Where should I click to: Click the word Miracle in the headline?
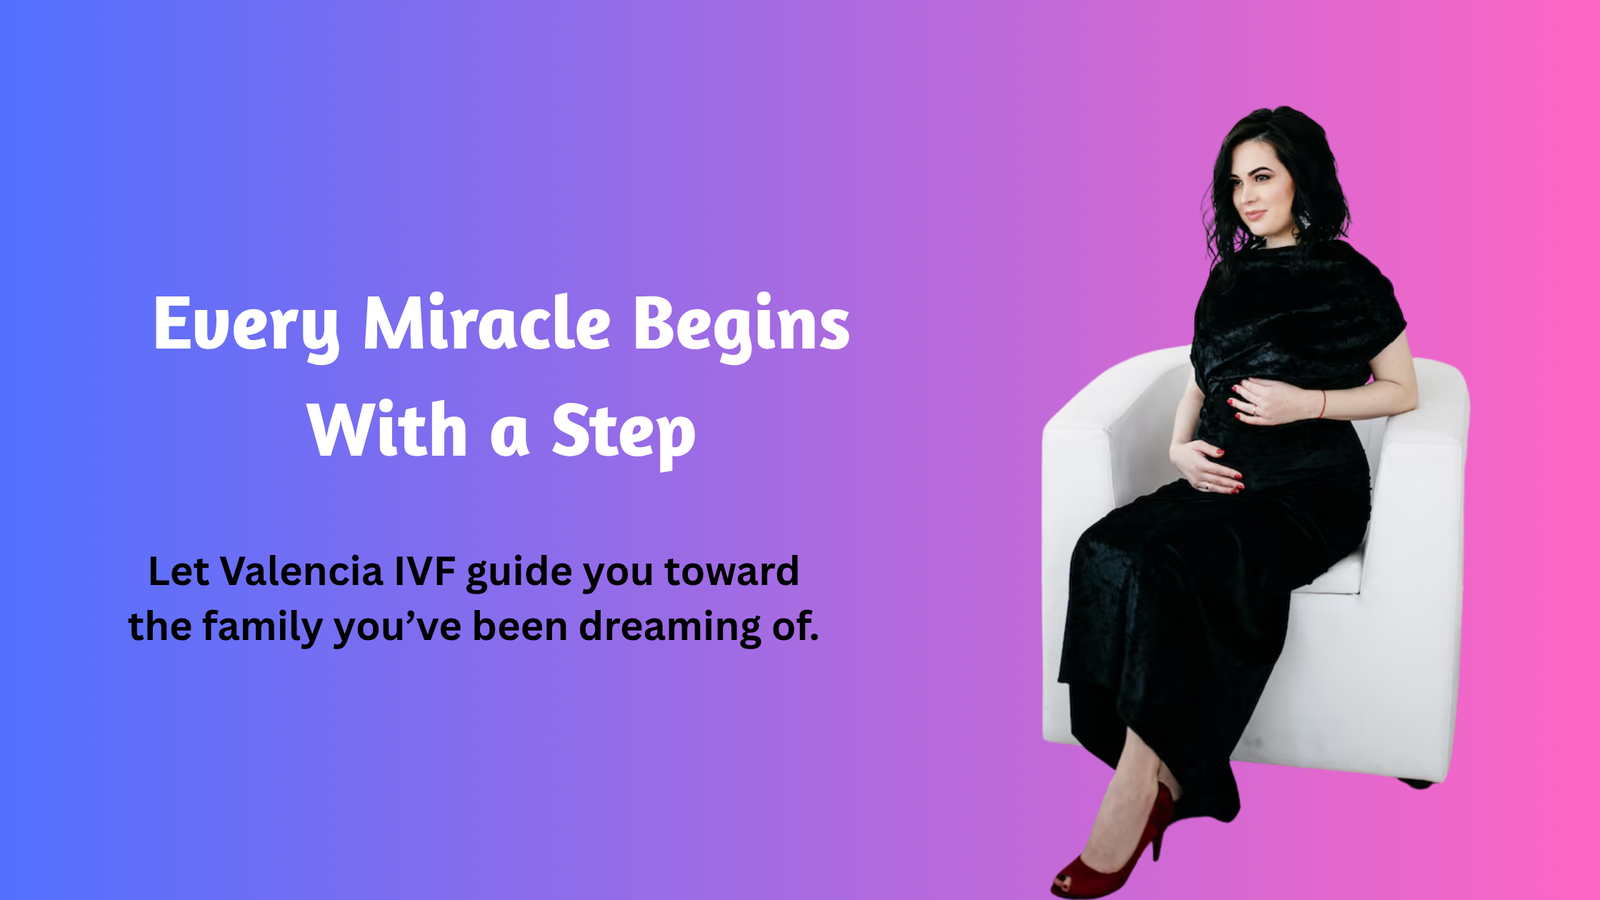486,323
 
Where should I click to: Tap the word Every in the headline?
246,327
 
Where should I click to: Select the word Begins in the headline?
741,327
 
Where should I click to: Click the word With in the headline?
388,429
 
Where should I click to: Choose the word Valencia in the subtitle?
301,571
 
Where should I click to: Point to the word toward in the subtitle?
731,571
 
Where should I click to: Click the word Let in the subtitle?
179,571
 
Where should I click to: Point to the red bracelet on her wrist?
1322,404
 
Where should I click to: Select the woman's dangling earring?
1304,219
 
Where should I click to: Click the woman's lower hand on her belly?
1207,467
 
